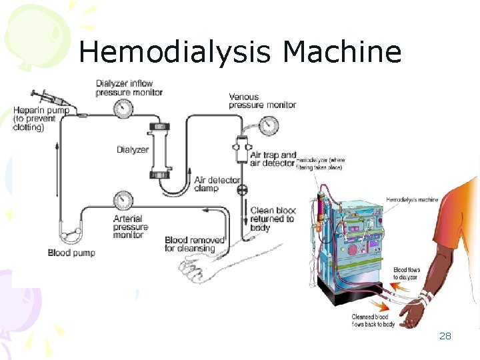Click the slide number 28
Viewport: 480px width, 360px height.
445,336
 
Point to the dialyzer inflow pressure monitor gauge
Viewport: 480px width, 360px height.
121,109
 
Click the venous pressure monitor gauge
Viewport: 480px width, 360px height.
269,125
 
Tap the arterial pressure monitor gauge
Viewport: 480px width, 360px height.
123,200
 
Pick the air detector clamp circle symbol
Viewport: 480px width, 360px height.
241,191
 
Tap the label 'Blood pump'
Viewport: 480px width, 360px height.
71,253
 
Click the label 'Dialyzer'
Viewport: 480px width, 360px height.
133,149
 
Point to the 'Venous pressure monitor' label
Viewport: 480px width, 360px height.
262,101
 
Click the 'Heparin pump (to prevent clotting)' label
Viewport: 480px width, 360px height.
40,119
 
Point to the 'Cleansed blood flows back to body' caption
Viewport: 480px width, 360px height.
374,320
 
